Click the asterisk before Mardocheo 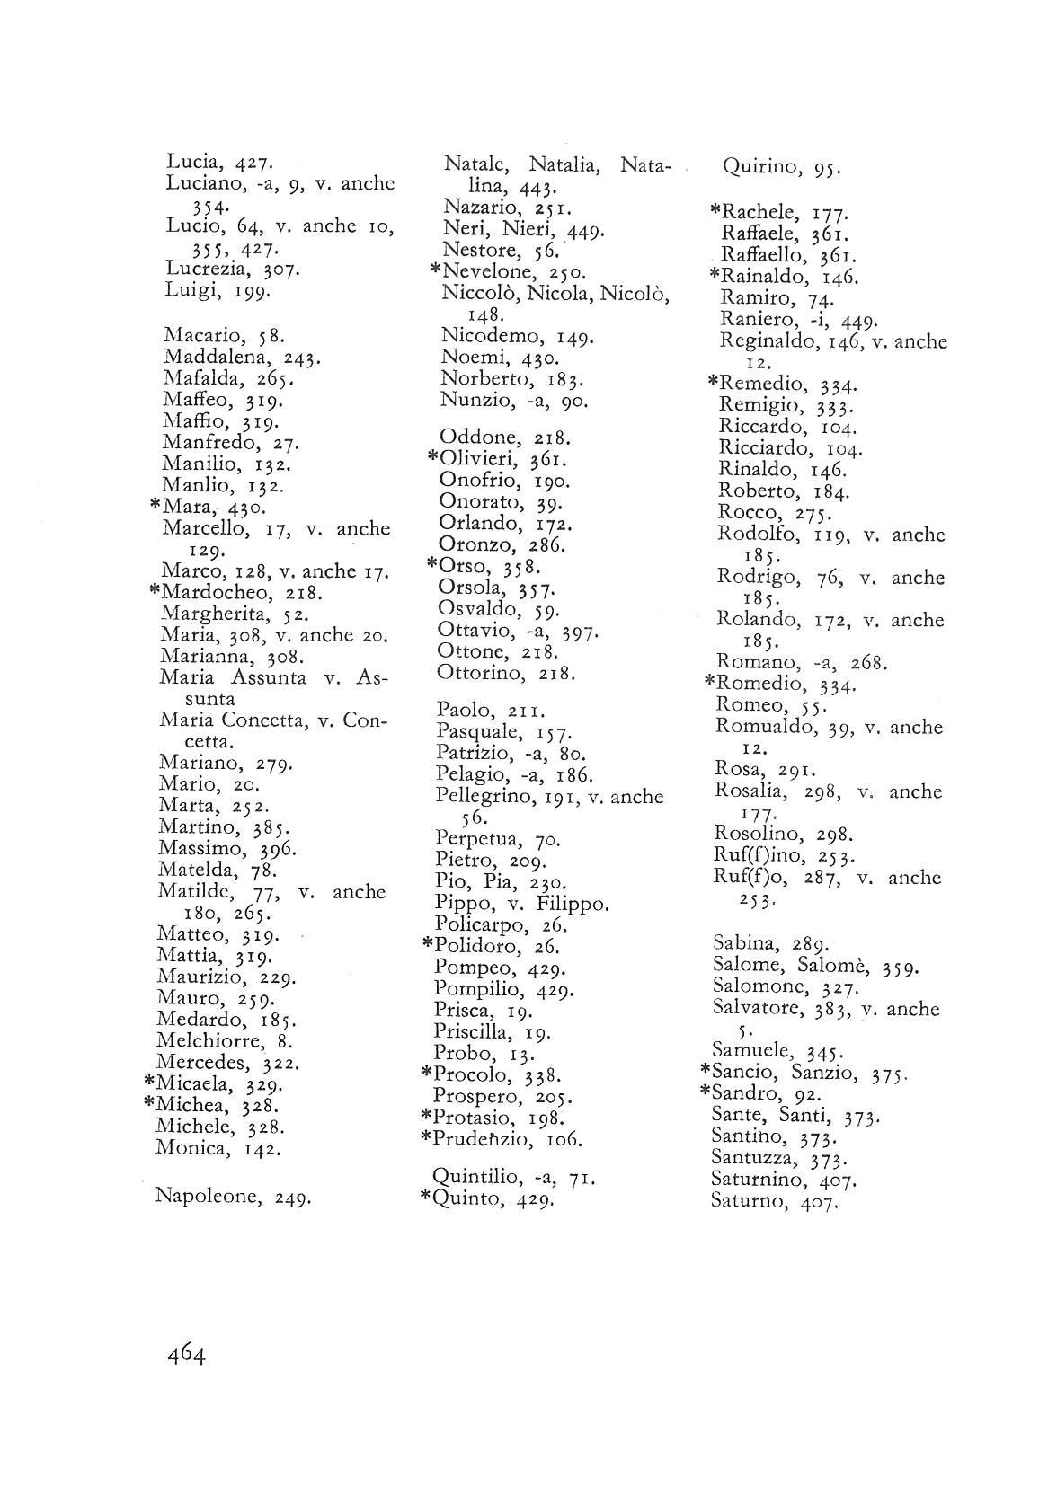tap(154, 591)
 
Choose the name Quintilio tap(475, 1176)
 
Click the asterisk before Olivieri tap(431, 457)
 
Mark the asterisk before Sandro tap(705, 1092)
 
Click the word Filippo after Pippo tap(572, 903)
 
